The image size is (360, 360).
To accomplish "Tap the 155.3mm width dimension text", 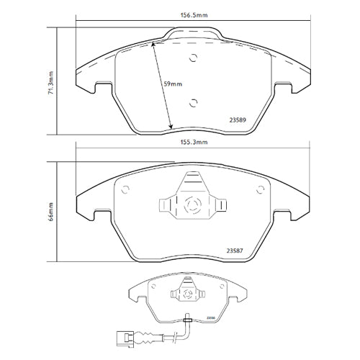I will pos(193,143).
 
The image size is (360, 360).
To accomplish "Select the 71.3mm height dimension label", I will pos(51,81).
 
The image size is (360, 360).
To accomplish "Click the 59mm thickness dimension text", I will pos(174,84).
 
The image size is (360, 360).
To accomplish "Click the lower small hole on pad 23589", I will pos(192,102).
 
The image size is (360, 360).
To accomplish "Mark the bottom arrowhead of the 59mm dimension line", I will pos(170,127).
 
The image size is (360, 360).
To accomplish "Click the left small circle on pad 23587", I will pos(126,190).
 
